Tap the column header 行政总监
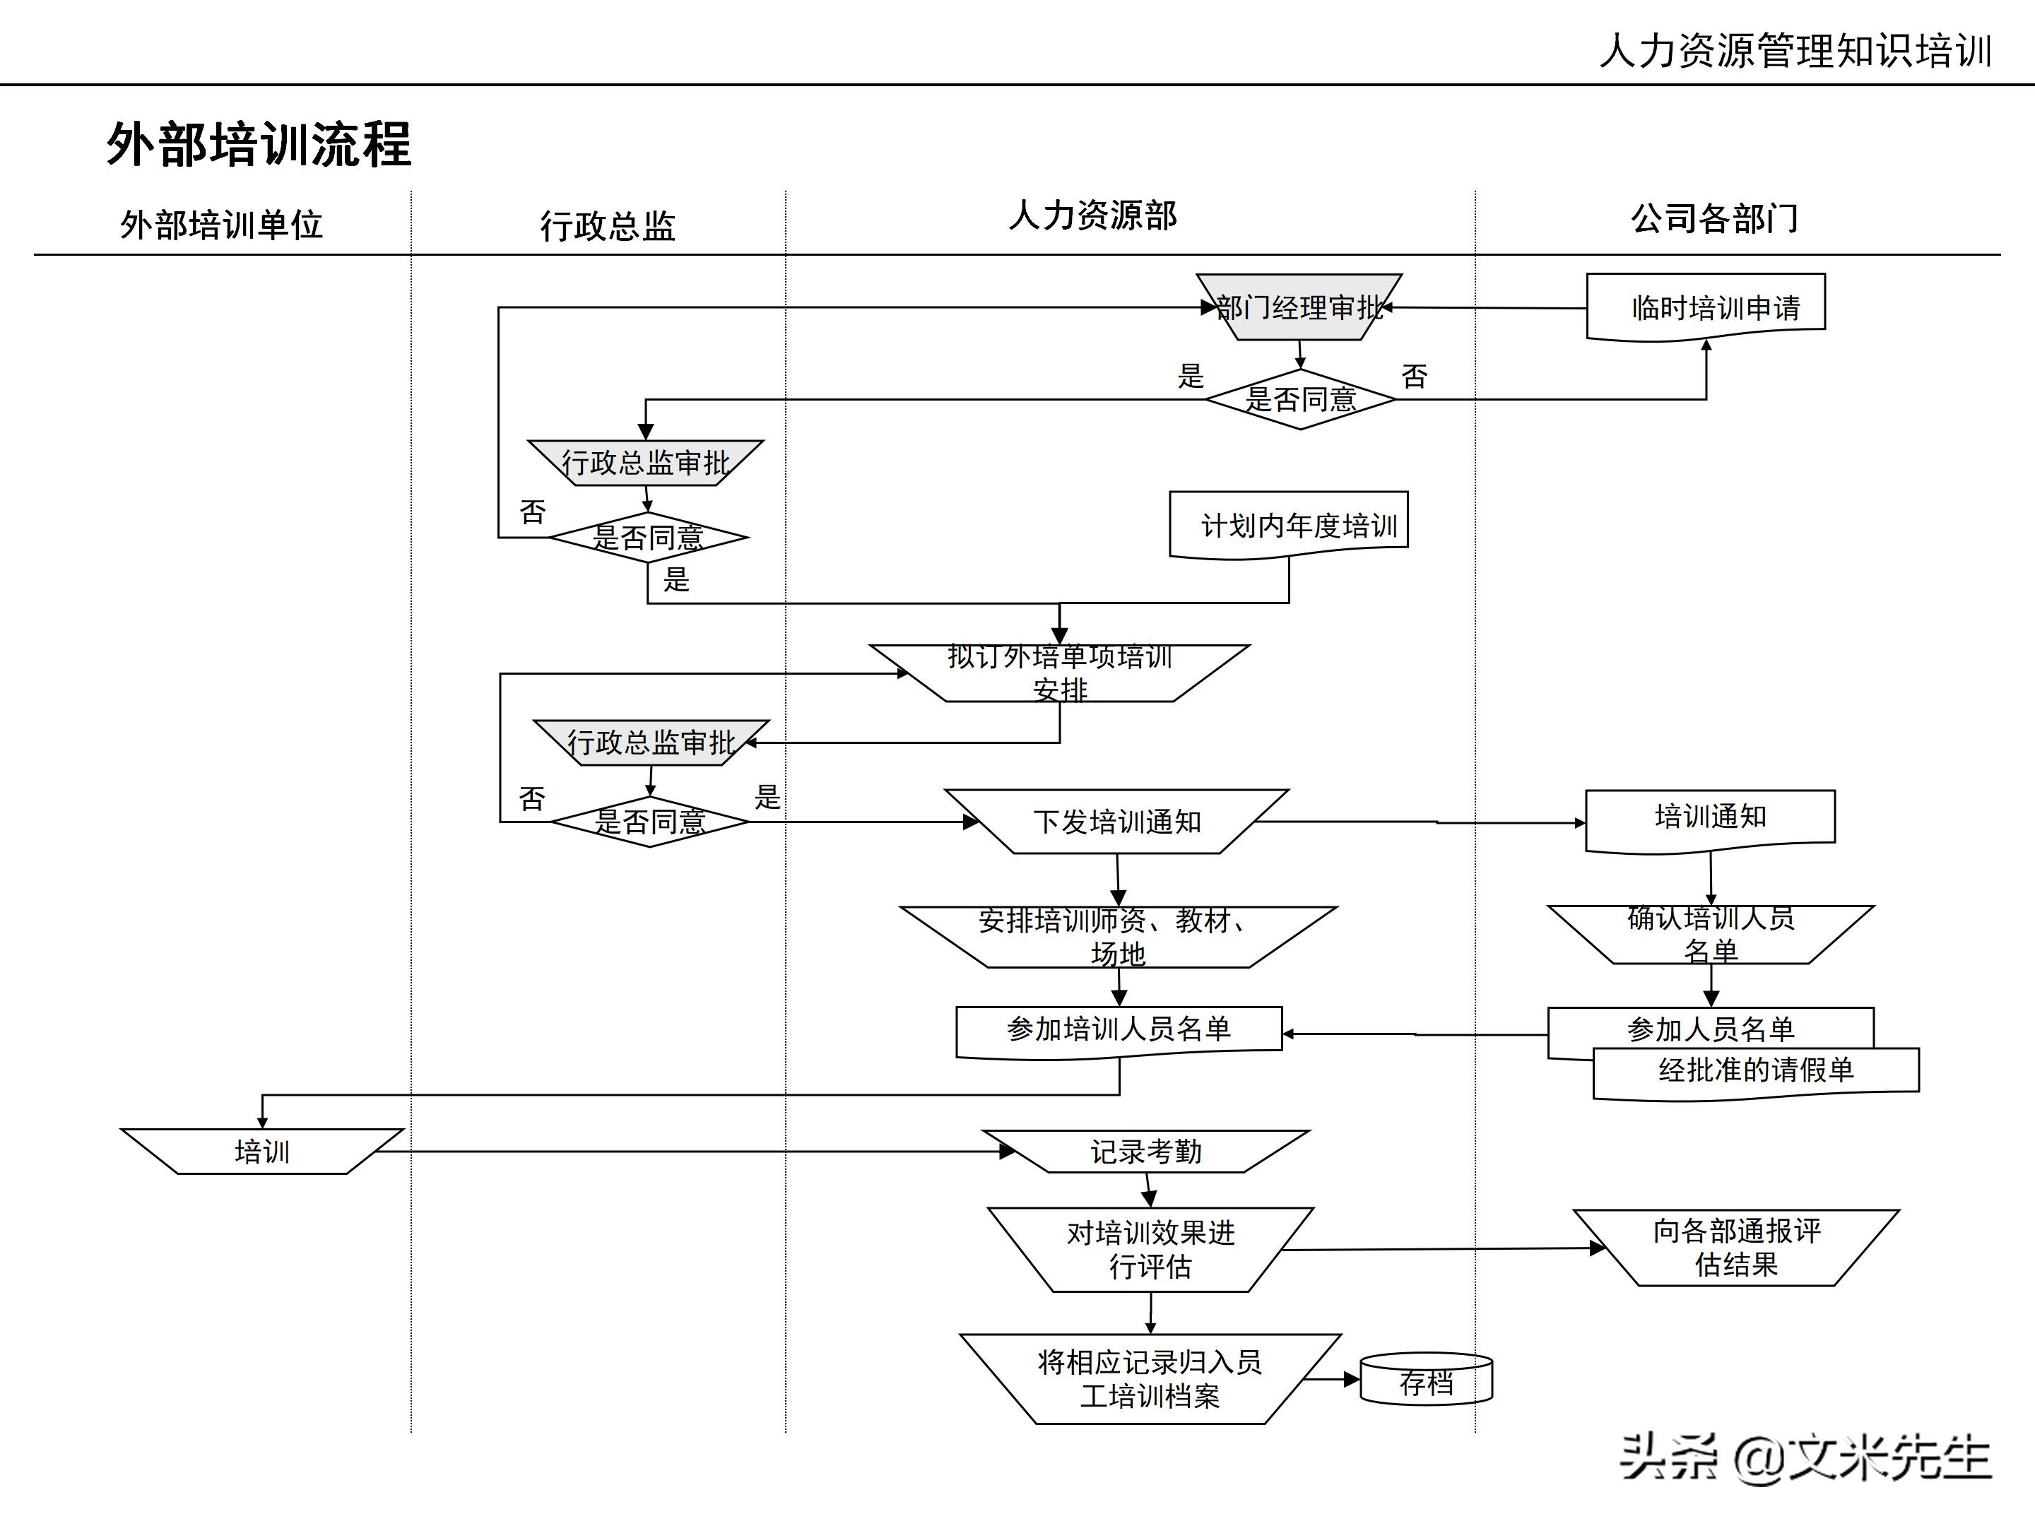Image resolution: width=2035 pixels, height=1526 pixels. tap(607, 225)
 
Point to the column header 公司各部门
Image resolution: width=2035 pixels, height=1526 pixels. tap(1714, 219)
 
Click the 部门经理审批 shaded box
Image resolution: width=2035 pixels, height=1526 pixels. tap(1299, 307)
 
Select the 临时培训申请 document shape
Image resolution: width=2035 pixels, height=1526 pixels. tap(1706, 307)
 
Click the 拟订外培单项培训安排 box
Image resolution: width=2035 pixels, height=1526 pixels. tap(1060, 673)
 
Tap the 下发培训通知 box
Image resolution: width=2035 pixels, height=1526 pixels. tap(1117, 822)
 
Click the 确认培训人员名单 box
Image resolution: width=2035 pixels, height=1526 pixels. tap(1710, 935)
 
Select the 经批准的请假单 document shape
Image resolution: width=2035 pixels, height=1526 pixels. tap(1755, 1072)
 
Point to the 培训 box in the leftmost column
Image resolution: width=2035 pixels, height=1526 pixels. tap(262, 1152)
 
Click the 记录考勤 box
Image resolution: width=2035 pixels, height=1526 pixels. tap(1146, 1152)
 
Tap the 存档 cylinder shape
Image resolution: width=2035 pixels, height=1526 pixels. tap(1426, 1380)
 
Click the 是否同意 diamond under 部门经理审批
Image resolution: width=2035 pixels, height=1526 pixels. tap(1300, 399)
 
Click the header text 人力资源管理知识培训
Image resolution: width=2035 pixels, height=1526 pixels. tap(1795, 51)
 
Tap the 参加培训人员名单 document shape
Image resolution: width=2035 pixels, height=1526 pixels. tap(1119, 1030)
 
